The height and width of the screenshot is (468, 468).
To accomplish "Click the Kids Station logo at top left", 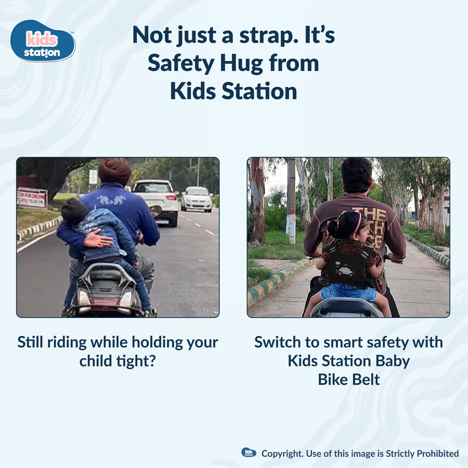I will pos(43,41).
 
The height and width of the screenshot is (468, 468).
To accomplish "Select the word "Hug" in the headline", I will pos(241,63).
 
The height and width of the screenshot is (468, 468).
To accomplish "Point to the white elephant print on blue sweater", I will pos(111,200).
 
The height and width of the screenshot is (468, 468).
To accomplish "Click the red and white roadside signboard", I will pos(32,198).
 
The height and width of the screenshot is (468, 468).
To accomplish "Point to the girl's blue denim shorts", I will pos(348,292).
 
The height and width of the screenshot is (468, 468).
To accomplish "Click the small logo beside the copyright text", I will pos(249,452).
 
